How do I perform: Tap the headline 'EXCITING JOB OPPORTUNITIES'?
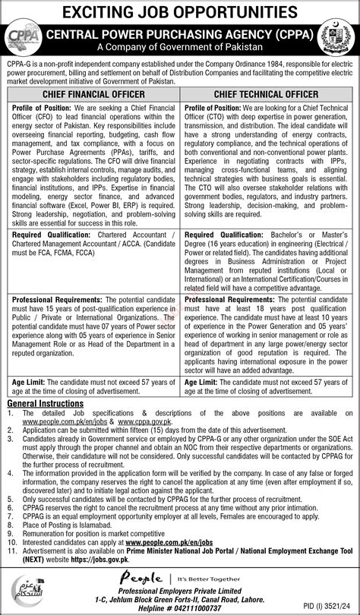pyautogui.click(x=180, y=12)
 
